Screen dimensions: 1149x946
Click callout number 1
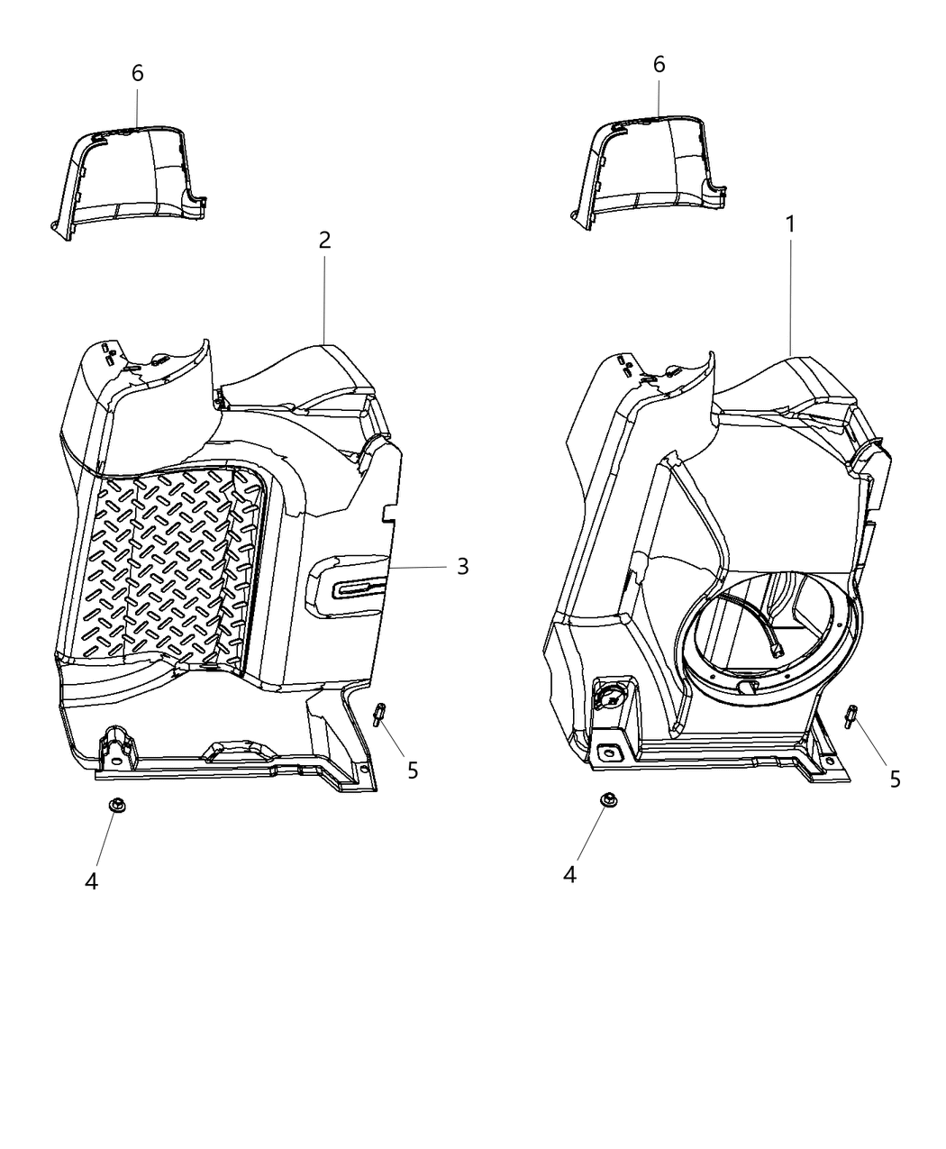(790, 224)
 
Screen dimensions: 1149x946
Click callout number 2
(324, 240)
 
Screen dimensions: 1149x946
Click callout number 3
(462, 566)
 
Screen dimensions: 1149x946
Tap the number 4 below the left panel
(91, 880)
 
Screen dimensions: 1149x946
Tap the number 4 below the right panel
(569, 873)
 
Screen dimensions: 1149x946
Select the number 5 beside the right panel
(895, 779)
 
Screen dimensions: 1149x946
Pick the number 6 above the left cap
(137, 73)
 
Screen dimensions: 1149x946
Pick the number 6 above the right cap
(659, 64)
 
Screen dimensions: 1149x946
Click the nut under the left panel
(115, 805)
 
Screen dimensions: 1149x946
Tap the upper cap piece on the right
(653, 171)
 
